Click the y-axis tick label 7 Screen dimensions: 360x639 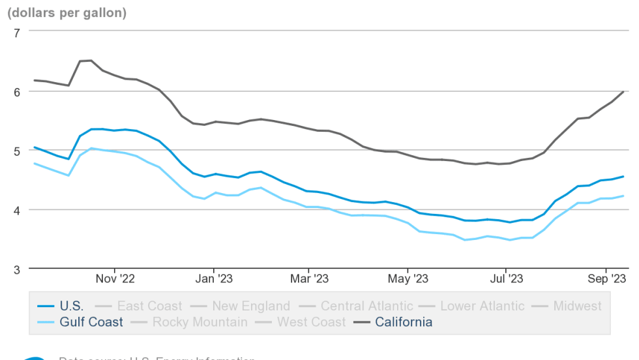pos(17,32)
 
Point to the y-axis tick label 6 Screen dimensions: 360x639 pos(17,91)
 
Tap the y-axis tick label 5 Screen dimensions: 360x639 pos(17,151)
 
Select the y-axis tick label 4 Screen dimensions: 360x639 pos(17,210)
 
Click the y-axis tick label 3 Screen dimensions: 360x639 pos(17,269)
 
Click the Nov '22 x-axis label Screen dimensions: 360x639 pos(115,279)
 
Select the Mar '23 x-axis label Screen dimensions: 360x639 pos(309,279)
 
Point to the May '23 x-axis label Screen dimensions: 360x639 pos(408,279)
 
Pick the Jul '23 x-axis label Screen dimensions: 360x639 pos(505,279)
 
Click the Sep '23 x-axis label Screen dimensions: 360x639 pos(606,279)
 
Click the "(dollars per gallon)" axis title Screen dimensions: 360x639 pos(67,12)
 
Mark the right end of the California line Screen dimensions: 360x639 pos(624,92)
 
